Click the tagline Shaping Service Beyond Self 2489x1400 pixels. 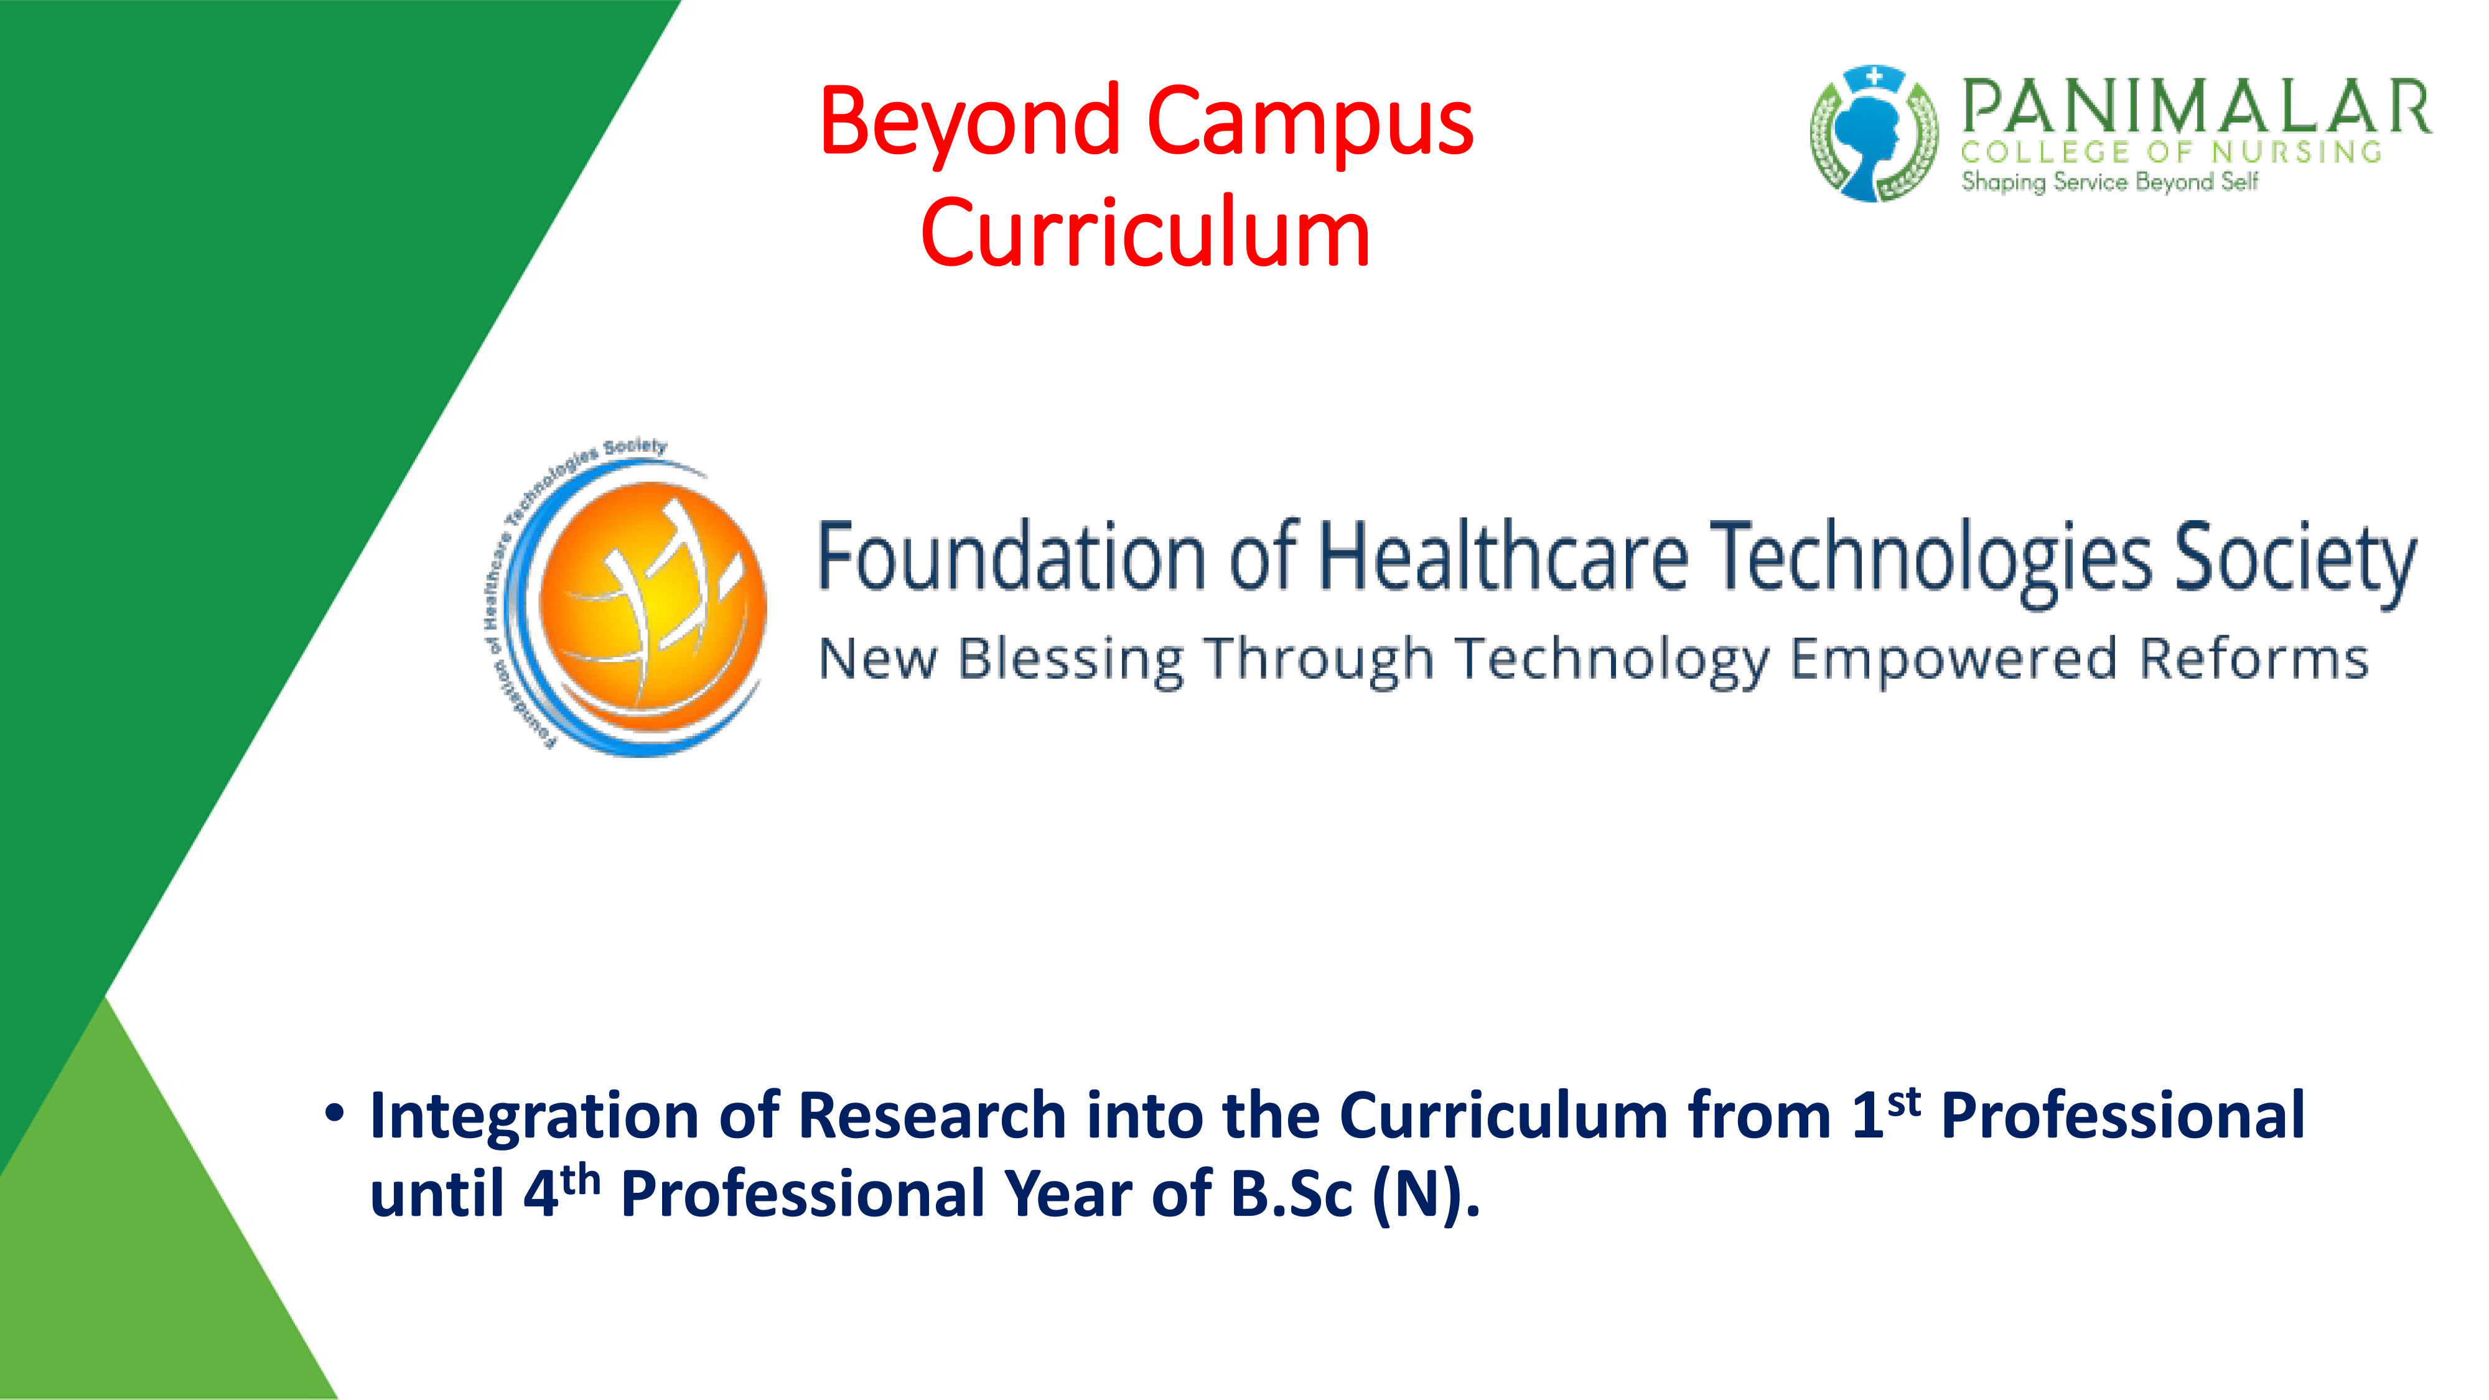pyautogui.click(x=2109, y=182)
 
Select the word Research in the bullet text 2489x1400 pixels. pyautogui.click(x=932, y=1116)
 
